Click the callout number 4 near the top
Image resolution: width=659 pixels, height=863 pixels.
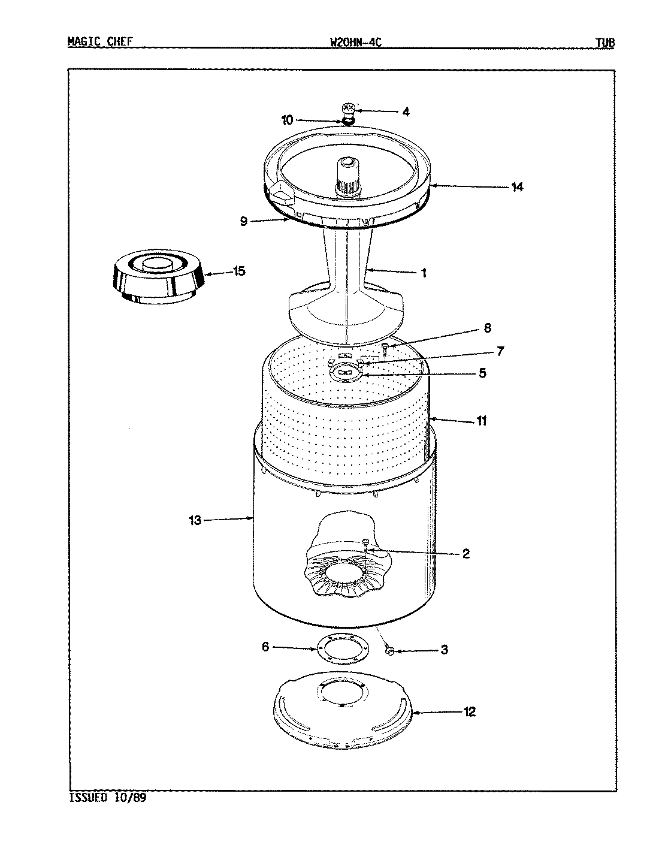point(406,112)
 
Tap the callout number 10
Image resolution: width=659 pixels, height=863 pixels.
point(288,120)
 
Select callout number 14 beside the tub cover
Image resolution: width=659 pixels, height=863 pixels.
point(517,187)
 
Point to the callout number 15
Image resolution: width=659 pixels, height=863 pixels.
point(238,271)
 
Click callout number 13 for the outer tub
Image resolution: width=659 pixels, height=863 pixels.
point(195,520)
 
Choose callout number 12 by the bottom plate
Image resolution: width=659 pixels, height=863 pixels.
point(469,712)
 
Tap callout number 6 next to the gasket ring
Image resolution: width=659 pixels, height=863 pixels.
point(266,647)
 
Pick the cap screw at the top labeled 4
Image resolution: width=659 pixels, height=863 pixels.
point(348,109)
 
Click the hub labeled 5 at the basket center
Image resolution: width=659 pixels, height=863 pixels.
point(344,373)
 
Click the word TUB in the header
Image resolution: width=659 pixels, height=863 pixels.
point(604,43)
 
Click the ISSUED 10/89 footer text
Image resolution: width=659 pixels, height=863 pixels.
point(108,798)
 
